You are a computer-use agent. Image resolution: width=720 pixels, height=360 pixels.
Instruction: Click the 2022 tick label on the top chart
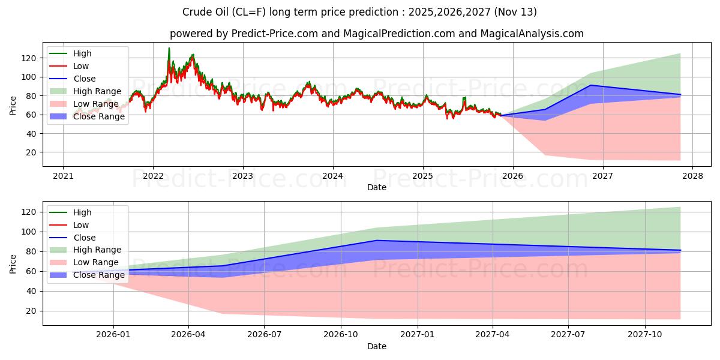tap(153, 176)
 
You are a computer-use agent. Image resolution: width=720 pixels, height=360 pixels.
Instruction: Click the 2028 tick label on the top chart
tap(692, 176)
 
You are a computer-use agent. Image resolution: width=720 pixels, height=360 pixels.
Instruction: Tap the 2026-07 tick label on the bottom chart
tap(265, 334)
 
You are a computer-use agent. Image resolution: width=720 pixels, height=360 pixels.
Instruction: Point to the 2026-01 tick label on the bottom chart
tap(113, 334)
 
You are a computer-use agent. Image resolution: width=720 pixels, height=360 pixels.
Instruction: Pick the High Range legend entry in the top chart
tap(97, 91)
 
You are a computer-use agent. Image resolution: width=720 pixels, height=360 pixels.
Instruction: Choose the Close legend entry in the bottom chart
tap(84, 238)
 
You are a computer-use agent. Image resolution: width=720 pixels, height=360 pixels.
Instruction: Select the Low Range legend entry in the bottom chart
tap(96, 263)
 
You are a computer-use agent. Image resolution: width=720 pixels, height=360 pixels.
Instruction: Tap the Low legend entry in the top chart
tap(81, 66)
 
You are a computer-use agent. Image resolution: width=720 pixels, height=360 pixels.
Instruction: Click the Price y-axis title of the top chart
tap(13, 105)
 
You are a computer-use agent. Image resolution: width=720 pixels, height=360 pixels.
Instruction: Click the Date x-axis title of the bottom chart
tap(377, 346)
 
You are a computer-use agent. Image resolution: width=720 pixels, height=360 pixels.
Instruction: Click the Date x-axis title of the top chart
tap(377, 187)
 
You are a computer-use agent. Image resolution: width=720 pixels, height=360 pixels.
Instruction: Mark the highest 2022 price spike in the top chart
tap(169, 48)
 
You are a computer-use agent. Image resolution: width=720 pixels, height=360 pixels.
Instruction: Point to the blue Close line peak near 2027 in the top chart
tap(590, 85)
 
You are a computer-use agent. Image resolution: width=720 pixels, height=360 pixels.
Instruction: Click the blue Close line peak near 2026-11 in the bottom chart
tap(376, 240)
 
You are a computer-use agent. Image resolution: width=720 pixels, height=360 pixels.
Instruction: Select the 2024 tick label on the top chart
tap(332, 176)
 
